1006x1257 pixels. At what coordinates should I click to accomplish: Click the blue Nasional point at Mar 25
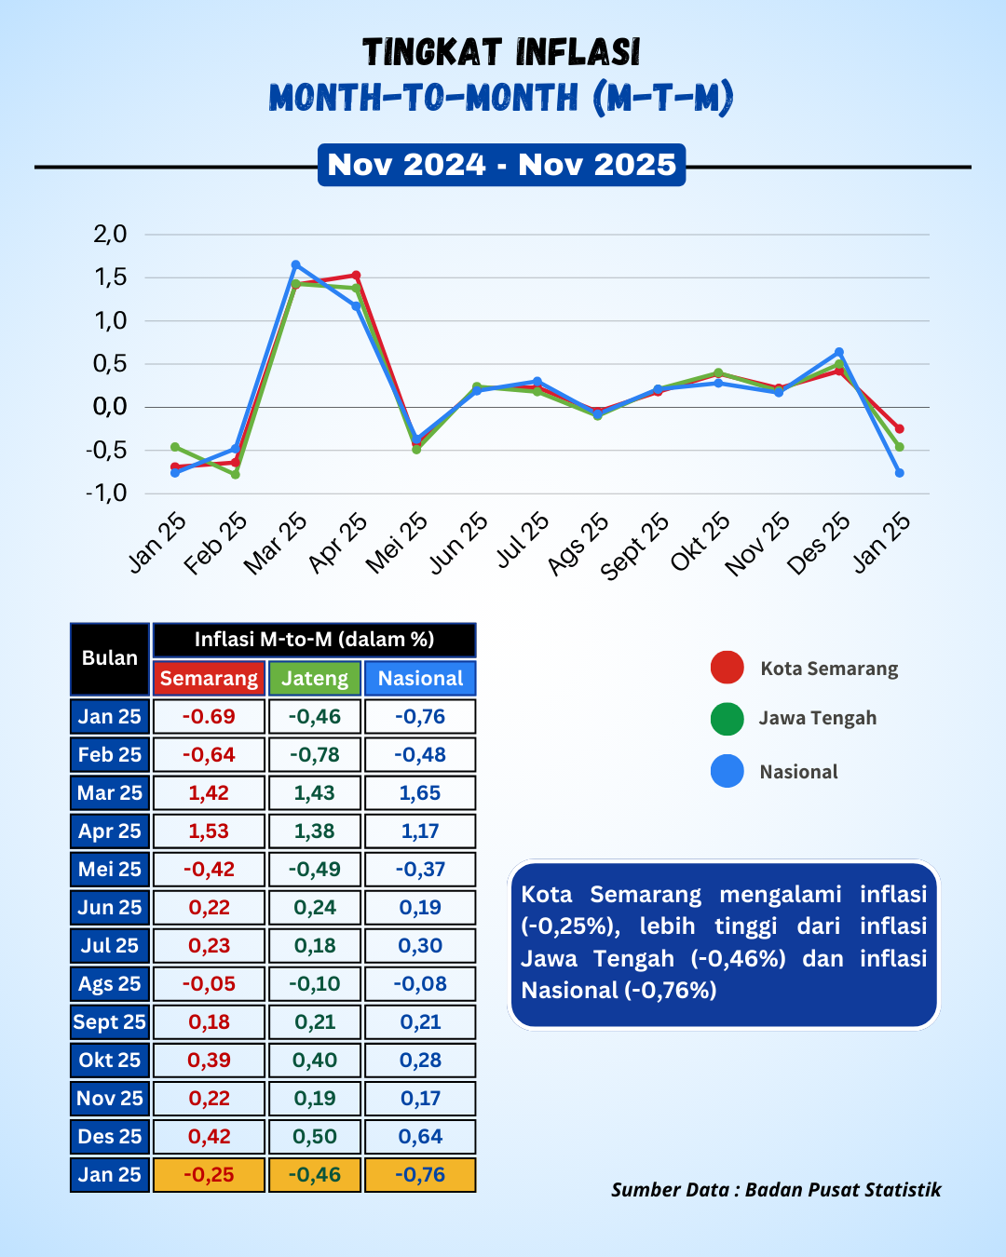tap(296, 264)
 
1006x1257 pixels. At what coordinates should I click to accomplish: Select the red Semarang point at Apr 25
tap(356, 275)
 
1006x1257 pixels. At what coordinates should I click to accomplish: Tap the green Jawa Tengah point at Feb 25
tap(235, 474)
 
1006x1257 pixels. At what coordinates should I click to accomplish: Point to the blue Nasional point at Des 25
tap(839, 352)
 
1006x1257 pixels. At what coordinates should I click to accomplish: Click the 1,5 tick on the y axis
tap(110, 277)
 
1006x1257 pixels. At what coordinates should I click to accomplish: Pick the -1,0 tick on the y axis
tap(106, 493)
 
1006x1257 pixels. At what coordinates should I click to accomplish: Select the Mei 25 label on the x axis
tap(397, 543)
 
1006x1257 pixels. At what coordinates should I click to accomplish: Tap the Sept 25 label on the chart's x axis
tap(634, 547)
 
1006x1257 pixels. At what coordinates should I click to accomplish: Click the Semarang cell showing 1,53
tap(209, 831)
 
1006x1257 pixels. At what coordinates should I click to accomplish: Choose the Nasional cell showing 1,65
tap(420, 792)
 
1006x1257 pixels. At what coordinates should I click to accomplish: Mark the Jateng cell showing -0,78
tap(315, 755)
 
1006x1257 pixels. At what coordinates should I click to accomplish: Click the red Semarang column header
tap(209, 678)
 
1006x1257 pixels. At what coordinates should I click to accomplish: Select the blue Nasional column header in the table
tap(420, 678)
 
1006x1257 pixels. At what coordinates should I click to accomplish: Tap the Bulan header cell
tap(110, 659)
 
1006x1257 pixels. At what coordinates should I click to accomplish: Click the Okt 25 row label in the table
tap(110, 1060)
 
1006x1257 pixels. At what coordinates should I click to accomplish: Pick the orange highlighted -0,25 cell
tap(209, 1174)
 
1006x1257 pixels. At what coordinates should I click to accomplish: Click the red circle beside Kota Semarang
tap(727, 667)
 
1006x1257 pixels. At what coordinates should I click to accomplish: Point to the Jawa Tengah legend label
tap(818, 718)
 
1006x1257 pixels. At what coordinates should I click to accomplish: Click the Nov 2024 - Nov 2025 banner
tap(501, 165)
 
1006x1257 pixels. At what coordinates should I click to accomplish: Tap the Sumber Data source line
tap(776, 1189)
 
